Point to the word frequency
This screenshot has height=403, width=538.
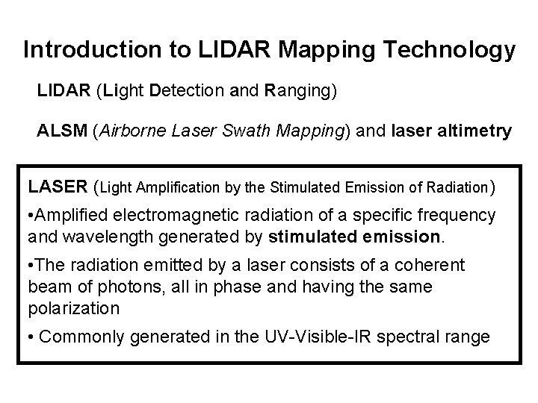[459, 216]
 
